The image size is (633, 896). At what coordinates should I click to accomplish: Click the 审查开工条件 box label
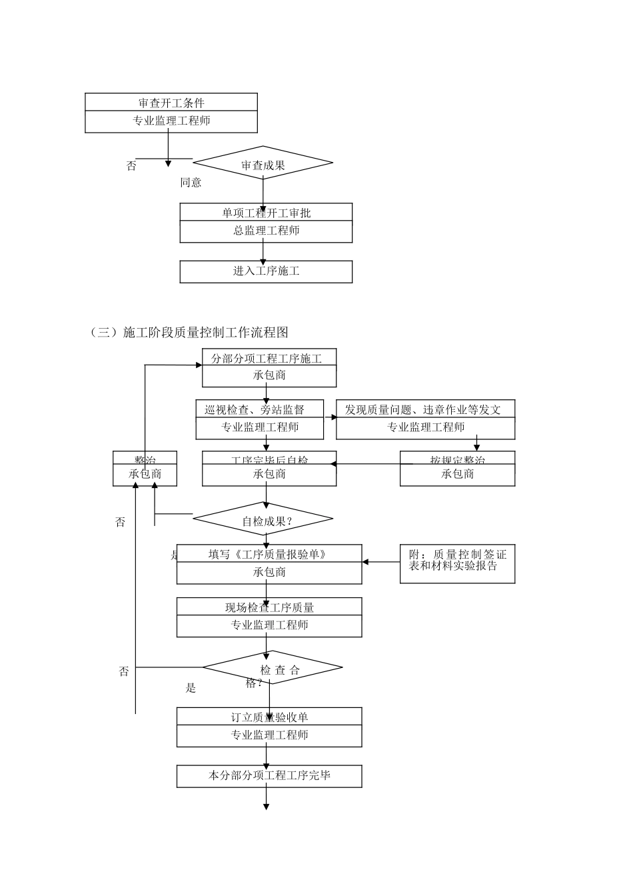point(171,103)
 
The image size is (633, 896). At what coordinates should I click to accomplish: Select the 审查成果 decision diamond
point(263,164)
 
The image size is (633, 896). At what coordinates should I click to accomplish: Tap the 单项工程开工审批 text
point(266,213)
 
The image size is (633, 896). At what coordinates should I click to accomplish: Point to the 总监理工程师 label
point(266,231)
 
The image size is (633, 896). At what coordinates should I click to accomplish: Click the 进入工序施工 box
point(266,271)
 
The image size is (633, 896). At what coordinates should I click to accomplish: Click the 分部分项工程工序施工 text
point(267,359)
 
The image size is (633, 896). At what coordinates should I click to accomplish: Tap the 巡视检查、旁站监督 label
point(255,409)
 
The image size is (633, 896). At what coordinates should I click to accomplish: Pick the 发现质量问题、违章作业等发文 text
point(422,409)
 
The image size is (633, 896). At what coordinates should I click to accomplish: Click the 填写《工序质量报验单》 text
point(267,554)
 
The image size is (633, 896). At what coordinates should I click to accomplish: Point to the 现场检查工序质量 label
point(269,607)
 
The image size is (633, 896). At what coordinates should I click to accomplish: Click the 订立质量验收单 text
point(269,717)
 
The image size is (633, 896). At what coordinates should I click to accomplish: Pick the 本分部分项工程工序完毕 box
point(269,776)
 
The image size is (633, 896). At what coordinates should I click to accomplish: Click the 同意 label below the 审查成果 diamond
point(191,183)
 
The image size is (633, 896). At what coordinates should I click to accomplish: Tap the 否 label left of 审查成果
point(131,166)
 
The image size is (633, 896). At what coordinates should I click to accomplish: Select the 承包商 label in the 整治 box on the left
point(145,475)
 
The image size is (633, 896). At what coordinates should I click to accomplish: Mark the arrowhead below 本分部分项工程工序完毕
point(266,806)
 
